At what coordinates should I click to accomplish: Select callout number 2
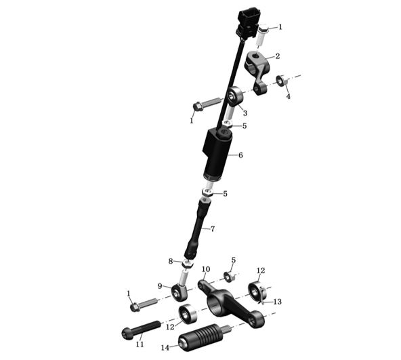tap(278, 56)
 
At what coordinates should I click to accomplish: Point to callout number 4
tap(289, 96)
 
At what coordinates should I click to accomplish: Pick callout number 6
tap(240, 155)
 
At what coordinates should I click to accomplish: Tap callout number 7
tap(213, 229)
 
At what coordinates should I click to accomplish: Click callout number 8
tap(171, 262)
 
